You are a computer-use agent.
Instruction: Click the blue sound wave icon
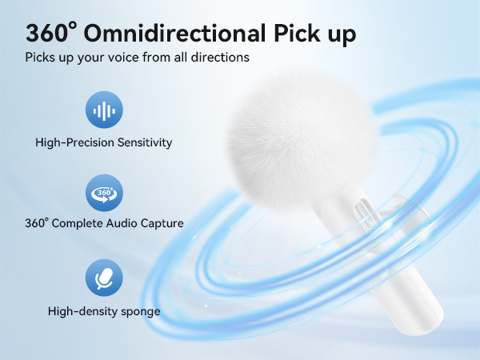(104, 110)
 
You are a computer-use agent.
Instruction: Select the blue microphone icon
(104, 278)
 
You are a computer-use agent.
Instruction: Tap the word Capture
(162, 224)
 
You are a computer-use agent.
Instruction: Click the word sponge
(139, 311)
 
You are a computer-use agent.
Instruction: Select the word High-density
(82, 311)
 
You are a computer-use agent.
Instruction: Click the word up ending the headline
(336, 34)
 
